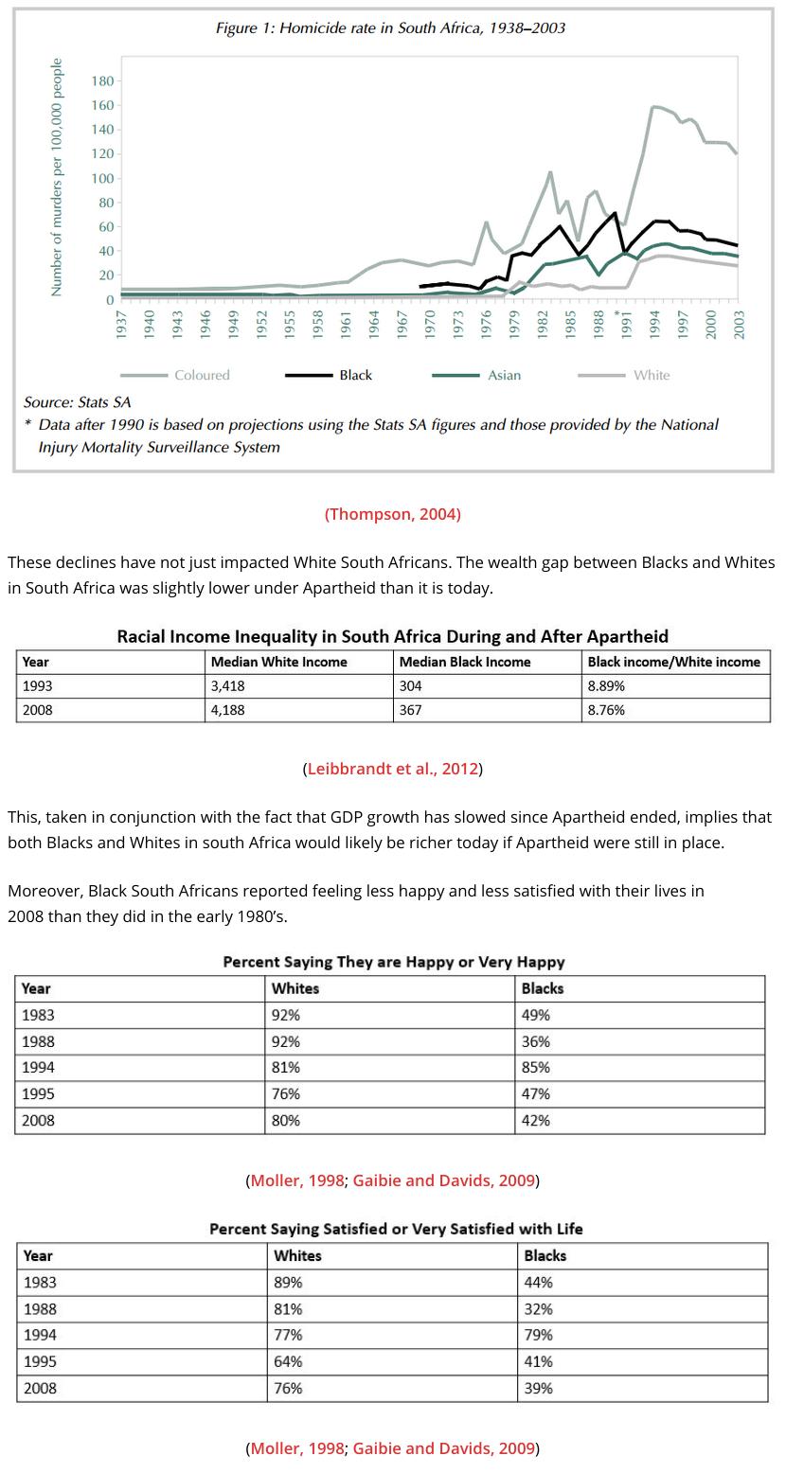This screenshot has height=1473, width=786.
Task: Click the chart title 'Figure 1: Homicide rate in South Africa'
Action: [390, 28]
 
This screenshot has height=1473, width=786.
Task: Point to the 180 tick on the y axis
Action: [102, 81]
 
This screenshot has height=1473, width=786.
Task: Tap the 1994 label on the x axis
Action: [655, 324]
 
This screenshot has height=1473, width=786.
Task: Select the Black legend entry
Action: [355, 376]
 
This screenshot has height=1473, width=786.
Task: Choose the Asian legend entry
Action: [504, 376]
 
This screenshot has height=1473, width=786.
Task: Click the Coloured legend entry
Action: [202, 376]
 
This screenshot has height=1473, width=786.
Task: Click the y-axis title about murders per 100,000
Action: [57, 177]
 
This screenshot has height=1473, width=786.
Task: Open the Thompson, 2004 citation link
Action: [393, 514]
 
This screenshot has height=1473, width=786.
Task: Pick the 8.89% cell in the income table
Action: [605, 685]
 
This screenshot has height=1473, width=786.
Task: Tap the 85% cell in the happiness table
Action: [535, 1067]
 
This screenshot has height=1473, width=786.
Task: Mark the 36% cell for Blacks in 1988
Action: [535, 1041]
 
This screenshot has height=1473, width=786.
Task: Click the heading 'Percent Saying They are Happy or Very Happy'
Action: [393, 962]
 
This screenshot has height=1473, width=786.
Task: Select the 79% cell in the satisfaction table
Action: [538, 1335]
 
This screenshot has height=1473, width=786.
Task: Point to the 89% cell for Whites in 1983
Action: [288, 1282]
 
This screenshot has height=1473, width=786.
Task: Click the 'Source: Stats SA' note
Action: [78, 402]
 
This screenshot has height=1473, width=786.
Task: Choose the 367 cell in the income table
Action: [411, 709]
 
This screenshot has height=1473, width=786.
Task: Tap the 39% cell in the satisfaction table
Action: [538, 1388]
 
